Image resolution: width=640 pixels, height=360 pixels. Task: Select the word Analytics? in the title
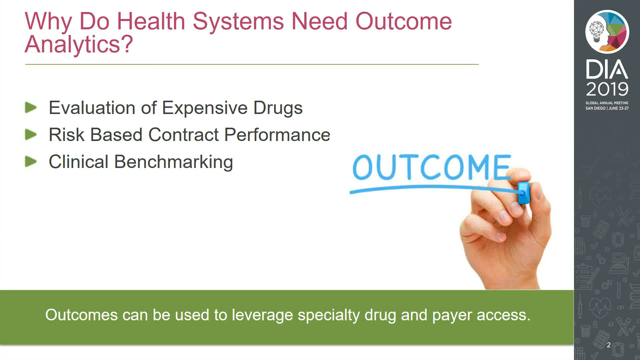pos(79,44)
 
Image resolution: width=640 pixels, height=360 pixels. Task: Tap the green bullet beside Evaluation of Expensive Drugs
pos(31,108)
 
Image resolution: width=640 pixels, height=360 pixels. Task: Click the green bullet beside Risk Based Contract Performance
pos(31,135)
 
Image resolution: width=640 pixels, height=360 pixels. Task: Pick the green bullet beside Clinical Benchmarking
pos(31,162)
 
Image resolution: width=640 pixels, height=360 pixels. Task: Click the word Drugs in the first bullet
pos(278,108)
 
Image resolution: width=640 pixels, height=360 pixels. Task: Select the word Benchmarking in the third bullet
pos(174,162)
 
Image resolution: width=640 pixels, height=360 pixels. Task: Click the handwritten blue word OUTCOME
pos(432,167)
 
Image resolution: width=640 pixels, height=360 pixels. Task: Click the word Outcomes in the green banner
pos(81,315)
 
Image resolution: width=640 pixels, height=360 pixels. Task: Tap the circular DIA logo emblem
pos(607,32)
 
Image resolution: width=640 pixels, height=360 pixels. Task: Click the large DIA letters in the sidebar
pos(607,70)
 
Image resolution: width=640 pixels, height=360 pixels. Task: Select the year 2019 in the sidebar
pos(607,89)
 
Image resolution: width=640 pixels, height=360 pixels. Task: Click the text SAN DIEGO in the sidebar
pos(596,108)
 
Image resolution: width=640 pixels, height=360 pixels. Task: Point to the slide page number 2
pos(609,345)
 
